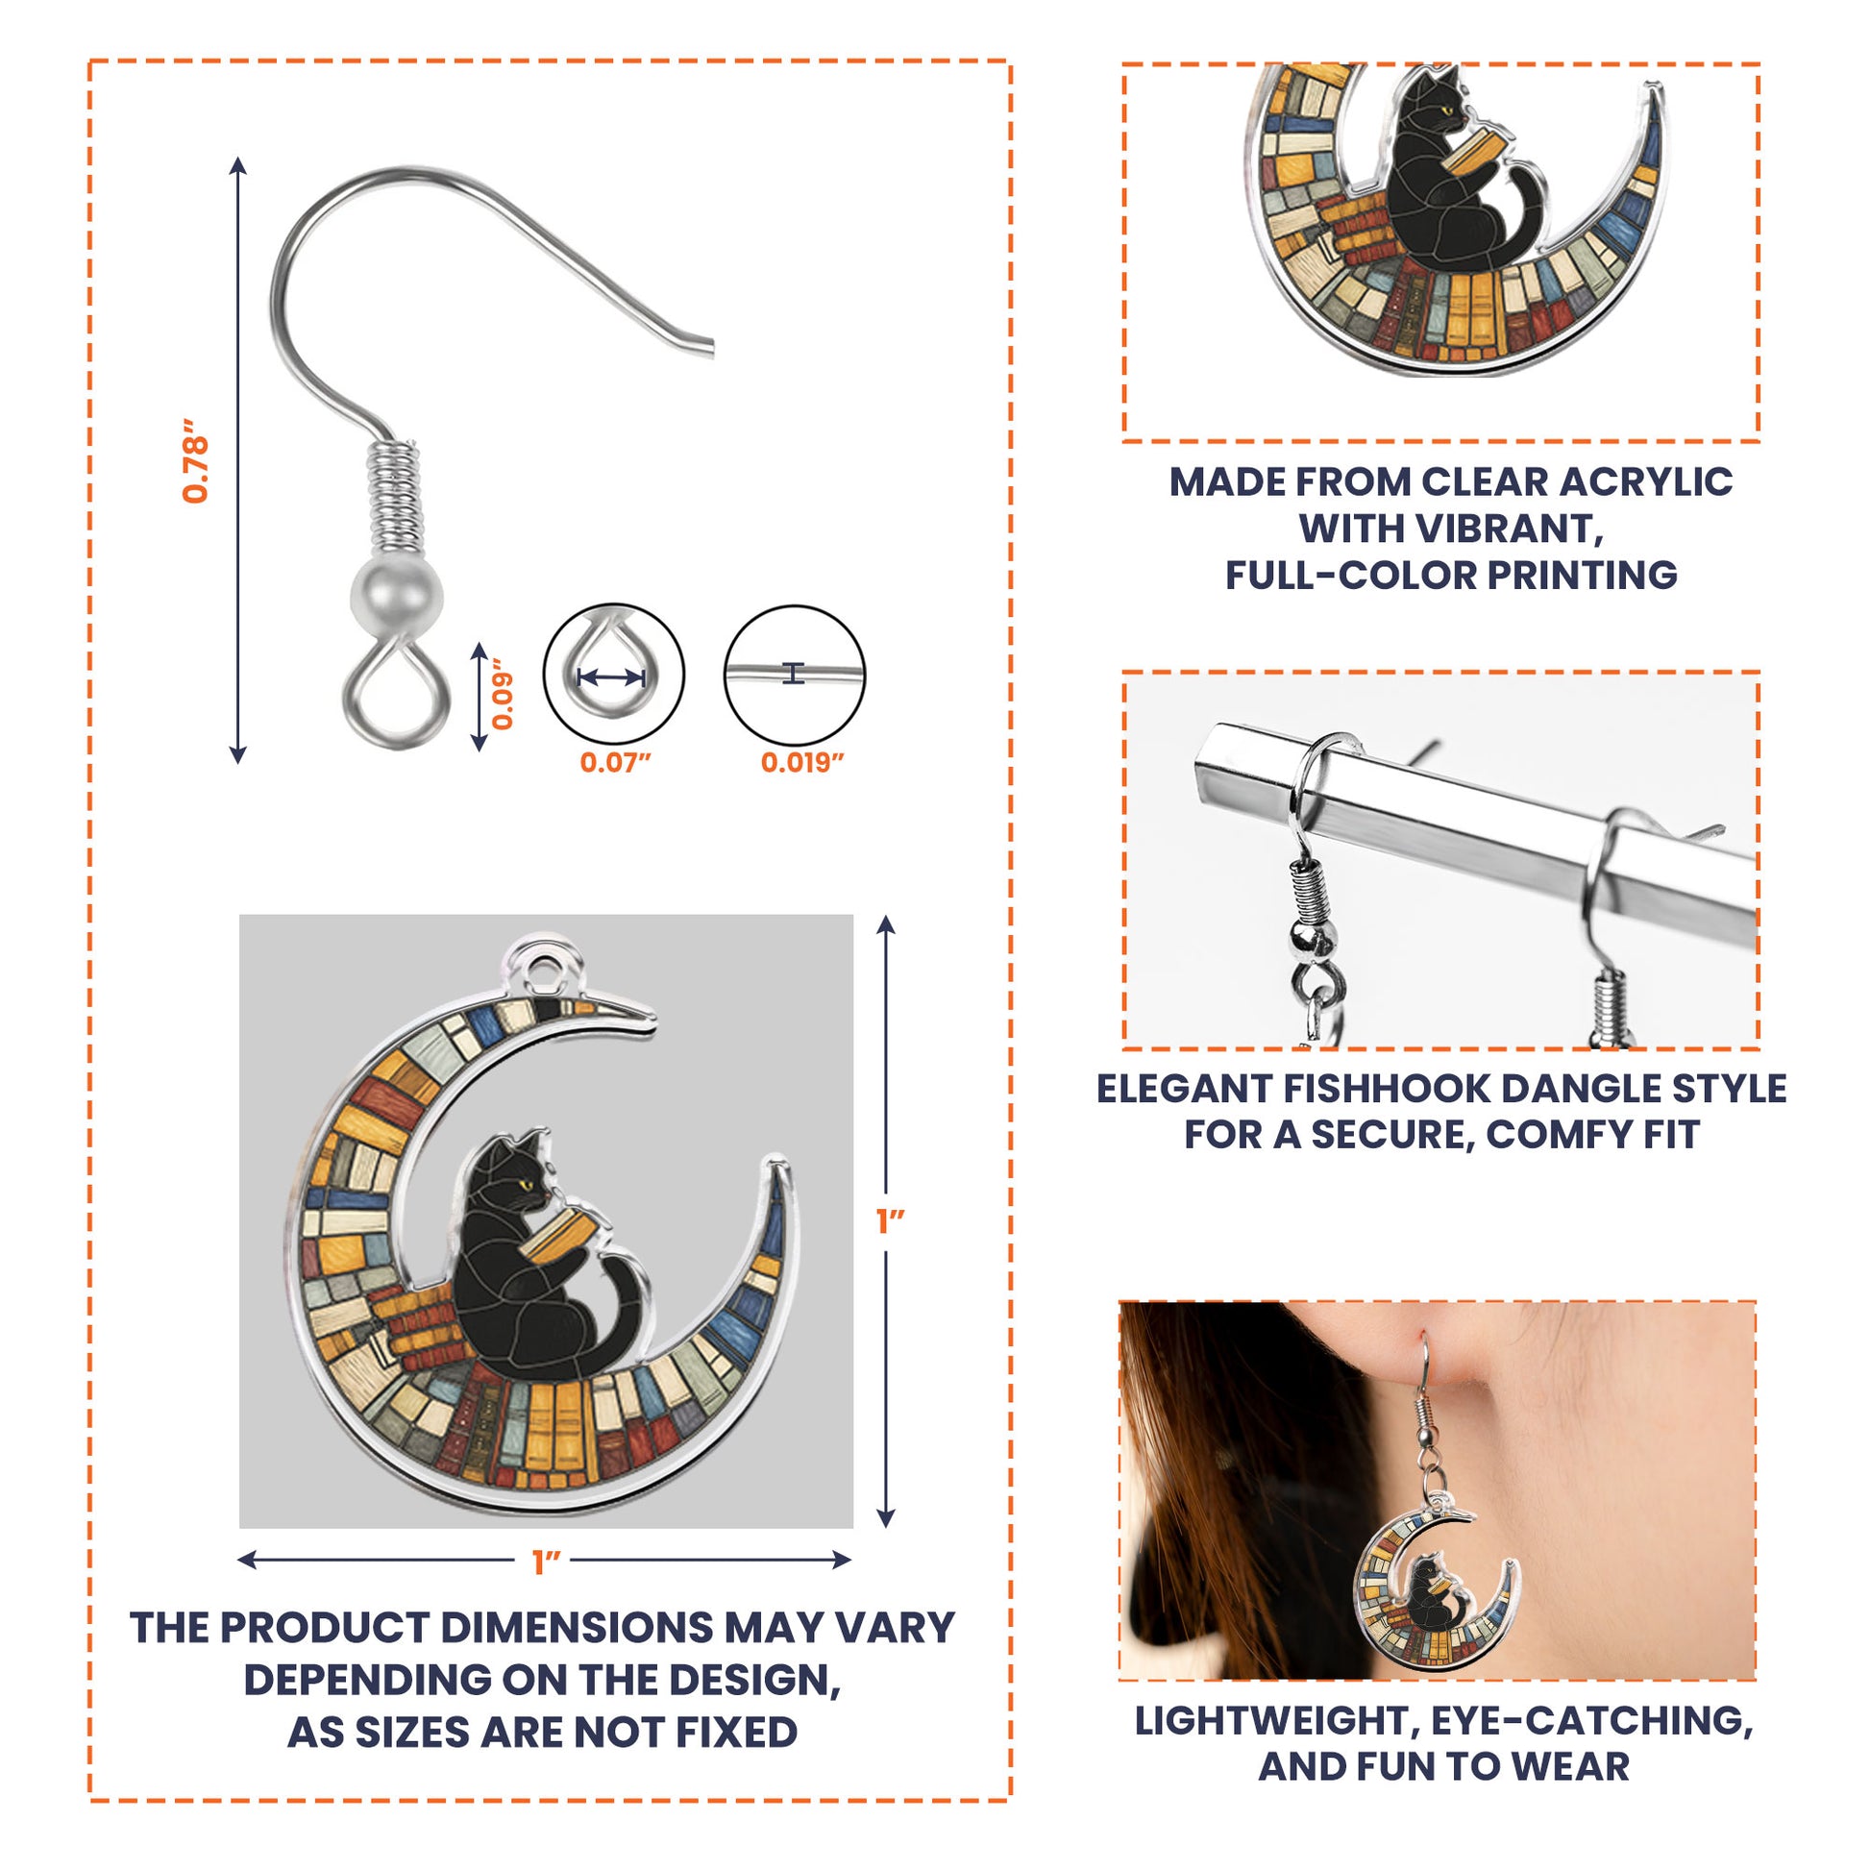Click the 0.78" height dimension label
(195, 460)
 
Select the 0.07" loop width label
(615, 763)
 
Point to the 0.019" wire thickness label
(801, 763)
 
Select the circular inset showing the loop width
(614, 675)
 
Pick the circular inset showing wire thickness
(795, 675)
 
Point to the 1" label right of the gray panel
(890, 1222)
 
